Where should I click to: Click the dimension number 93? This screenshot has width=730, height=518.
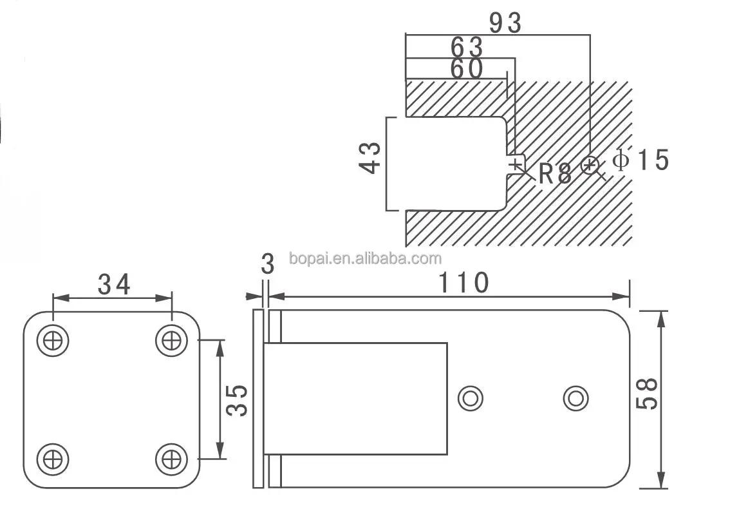click(x=505, y=23)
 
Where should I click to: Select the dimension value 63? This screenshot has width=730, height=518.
click(x=467, y=47)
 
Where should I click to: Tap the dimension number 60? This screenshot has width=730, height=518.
click(x=467, y=70)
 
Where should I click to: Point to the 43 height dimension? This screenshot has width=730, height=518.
click(x=370, y=158)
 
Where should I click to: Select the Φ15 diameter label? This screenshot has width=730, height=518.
click(x=641, y=159)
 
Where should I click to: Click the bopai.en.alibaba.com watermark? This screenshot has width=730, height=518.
click(x=366, y=259)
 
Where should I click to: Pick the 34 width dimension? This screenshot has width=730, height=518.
click(x=114, y=283)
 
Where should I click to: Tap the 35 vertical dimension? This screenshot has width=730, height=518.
click(x=238, y=400)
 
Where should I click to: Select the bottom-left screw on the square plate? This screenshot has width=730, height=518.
click(x=53, y=459)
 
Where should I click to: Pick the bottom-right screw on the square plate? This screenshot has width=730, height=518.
click(x=171, y=459)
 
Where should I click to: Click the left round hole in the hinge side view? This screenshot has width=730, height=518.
click(x=471, y=398)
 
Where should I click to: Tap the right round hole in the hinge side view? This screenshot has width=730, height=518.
click(x=576, y=398)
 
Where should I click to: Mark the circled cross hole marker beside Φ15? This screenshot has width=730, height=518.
click(x=589, y=166)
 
